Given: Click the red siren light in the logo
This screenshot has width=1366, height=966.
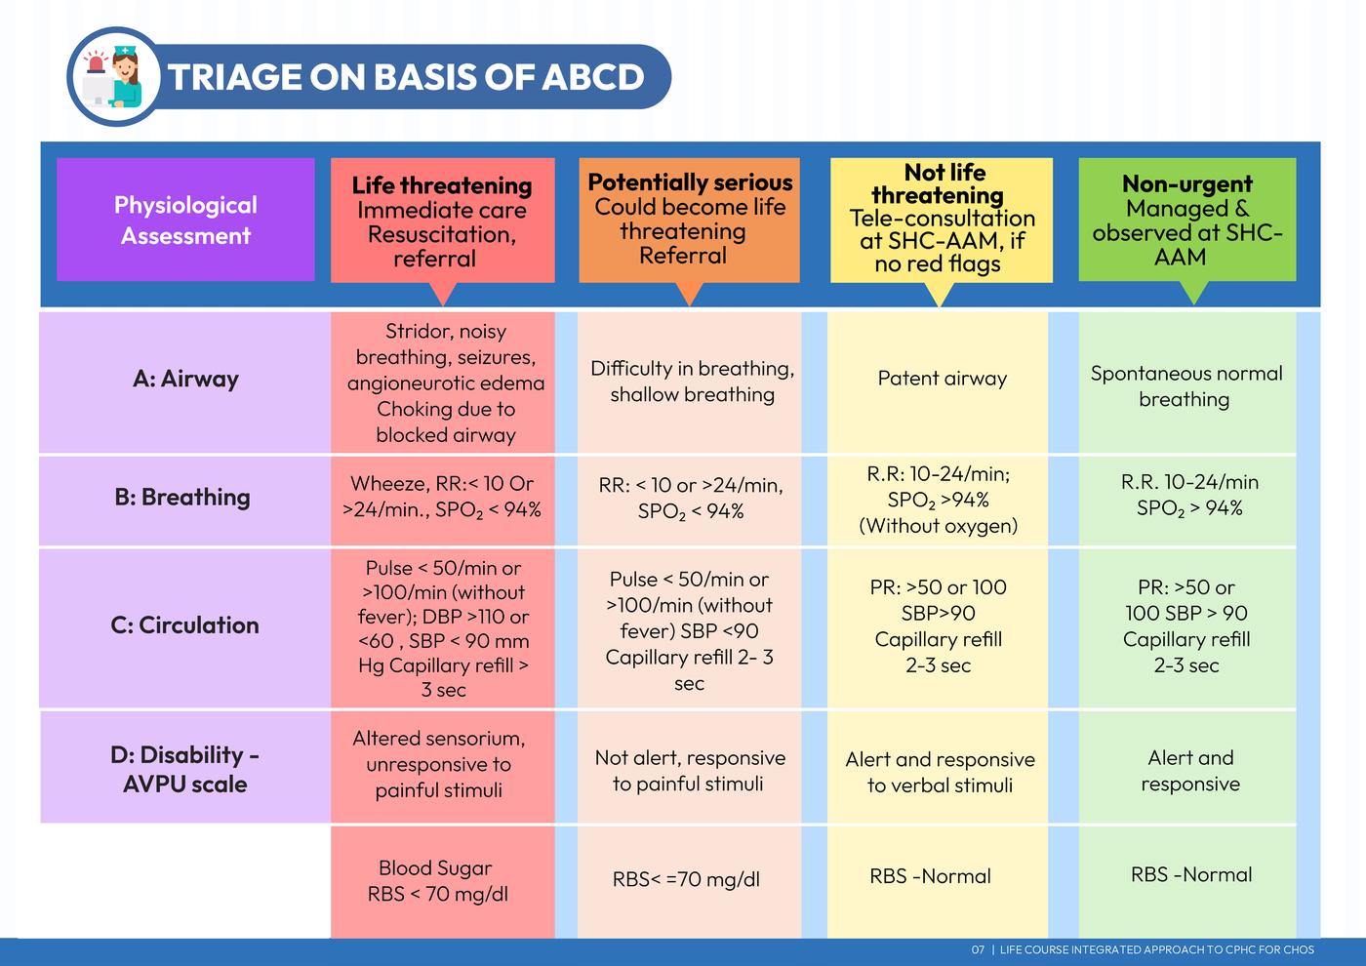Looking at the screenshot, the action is tap(96, 62).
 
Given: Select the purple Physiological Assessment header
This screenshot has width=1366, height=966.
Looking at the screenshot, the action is tap(185, 220).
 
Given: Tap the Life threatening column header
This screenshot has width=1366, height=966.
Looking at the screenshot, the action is tap(443, 221).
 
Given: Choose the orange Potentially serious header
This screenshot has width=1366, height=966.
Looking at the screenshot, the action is tap(689, 220).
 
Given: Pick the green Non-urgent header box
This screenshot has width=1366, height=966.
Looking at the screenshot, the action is tap(1187, 220).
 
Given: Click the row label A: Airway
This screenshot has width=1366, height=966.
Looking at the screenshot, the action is tap(185, 379).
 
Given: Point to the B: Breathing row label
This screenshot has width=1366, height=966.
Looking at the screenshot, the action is tap(182, 497).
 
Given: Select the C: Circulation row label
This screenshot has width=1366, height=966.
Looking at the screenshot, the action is tap(184, 625).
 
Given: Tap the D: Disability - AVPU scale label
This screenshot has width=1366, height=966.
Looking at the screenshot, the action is tap(184, 769).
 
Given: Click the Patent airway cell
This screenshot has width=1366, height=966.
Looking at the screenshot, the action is tap(943, 379).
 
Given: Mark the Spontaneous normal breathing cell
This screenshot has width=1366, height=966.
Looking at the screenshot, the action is tap(1186, 386).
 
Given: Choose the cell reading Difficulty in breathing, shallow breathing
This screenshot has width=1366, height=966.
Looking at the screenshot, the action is tap(692, 382).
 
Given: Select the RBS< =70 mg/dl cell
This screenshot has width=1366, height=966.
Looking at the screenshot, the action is tap(687, 879).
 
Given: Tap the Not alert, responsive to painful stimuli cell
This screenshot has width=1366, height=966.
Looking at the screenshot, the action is tap(690, 770).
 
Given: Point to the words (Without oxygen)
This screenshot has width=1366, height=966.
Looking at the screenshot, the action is tap(938, 526).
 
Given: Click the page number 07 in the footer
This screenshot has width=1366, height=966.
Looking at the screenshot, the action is tap(978, 949).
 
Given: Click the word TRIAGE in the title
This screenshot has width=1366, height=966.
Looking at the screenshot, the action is tap(233, 77).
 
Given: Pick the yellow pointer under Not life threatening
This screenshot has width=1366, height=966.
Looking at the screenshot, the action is tap(940, 295).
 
